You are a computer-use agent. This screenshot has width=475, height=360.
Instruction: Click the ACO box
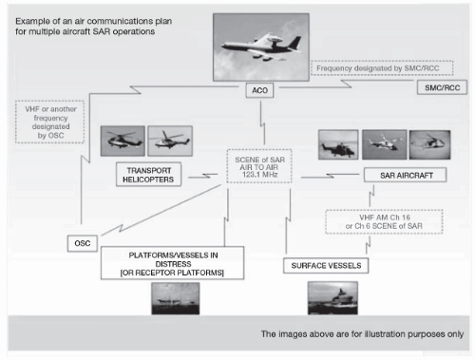pos(259,90)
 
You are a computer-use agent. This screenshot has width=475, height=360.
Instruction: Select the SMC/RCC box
pos(442,87)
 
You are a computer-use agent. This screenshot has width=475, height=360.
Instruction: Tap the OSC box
pos(83,243)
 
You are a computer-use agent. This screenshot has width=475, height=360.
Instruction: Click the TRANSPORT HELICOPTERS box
pos(148,175)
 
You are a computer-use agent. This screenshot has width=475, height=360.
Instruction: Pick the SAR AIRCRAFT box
pos(406,175)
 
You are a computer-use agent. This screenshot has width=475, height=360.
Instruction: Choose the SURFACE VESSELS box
pos(326,266)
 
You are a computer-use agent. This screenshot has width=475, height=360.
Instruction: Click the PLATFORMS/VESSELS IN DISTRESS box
pos(172,263)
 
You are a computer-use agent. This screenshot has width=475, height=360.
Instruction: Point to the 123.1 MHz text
pos(259,175)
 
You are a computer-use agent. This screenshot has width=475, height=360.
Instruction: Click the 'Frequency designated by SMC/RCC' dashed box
pos(382,68)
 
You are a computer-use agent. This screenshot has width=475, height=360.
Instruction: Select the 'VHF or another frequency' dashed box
pos(49,122)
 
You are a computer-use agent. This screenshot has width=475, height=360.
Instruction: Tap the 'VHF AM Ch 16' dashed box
pos(384,221)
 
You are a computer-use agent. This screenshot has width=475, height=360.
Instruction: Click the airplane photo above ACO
pos(261,47)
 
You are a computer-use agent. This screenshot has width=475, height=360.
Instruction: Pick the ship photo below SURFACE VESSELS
pos(332,298)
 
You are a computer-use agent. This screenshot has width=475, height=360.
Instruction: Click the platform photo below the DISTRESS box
pos(176,298)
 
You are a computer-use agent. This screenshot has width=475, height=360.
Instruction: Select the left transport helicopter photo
pos(123,141)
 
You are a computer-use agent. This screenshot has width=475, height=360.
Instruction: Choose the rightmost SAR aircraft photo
pos(429,144)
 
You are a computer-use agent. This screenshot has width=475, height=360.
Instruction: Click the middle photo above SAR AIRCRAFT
pos(385,144)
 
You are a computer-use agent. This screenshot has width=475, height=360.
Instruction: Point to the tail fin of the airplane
pos(295,42)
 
